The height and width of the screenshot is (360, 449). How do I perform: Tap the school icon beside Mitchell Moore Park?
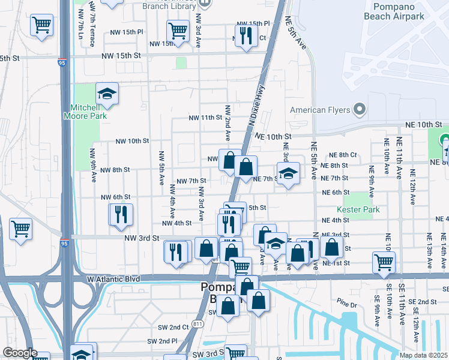coord(107,94)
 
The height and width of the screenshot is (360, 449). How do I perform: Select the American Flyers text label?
coord(320,110)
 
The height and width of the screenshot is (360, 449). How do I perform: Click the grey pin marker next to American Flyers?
coord(359,109)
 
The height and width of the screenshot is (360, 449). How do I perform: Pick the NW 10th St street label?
coord(132,141)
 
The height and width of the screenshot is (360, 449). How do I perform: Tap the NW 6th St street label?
coord(115,197)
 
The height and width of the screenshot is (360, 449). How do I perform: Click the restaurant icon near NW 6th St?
coord(121,214)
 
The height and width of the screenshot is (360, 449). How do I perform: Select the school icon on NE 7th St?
coord(288,173)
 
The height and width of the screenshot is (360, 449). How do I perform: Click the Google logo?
coord(19,353)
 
